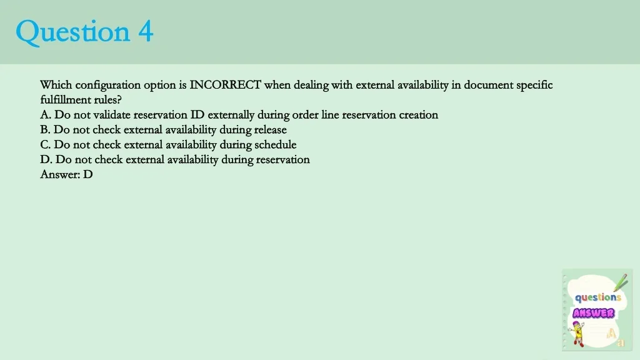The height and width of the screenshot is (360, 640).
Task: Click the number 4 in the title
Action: point(146,31)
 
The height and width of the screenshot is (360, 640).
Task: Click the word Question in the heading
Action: point(72,32)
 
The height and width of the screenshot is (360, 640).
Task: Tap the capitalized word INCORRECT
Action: point(225,85)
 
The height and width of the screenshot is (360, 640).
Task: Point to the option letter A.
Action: point(45,115)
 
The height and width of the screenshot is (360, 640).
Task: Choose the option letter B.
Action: point(45,130)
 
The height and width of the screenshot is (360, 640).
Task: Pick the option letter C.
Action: point(45,144)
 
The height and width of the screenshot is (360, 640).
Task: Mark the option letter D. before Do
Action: point(46,159)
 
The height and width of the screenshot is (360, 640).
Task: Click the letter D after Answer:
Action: point(87,174)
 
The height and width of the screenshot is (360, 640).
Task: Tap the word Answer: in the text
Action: point(60,174)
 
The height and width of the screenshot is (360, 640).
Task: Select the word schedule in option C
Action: point(276,144)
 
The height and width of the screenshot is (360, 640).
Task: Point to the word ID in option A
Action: point(197,115)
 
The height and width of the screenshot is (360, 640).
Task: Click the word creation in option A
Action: point(418,115)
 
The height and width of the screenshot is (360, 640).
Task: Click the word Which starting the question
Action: point(56,85)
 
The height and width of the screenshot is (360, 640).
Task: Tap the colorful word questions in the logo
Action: point(598,297)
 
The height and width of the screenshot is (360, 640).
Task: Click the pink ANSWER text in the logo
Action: point(594,313)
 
